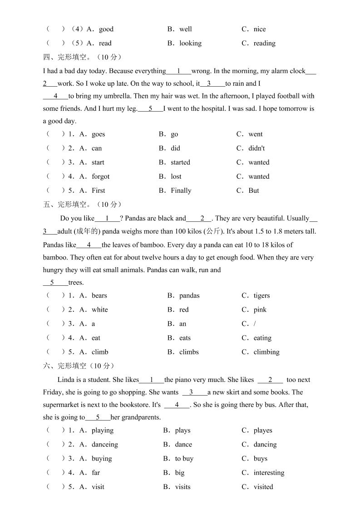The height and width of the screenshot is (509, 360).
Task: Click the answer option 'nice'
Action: coord(260,29)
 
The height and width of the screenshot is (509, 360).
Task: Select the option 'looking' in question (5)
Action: coord(190,44)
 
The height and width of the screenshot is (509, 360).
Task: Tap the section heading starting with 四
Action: coord(82,57)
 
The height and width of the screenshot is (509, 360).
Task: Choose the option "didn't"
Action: coord(256,148)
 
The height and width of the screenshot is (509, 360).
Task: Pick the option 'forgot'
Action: coord(100,176)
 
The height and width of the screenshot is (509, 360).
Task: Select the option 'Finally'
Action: coord(181,191)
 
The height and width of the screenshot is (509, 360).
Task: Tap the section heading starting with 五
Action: coord(82,205)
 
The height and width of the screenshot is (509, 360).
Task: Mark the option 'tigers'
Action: coord(261,296)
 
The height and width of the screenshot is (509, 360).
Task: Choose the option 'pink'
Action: coord(260,310)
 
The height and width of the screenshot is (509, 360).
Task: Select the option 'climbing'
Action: coord(266,352)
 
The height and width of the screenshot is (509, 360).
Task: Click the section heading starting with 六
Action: coord(79,366)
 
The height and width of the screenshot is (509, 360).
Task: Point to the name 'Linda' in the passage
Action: coord(66,380)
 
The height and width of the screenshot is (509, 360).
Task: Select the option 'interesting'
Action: coord(269,473)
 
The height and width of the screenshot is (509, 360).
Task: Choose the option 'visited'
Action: coord(263,487)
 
